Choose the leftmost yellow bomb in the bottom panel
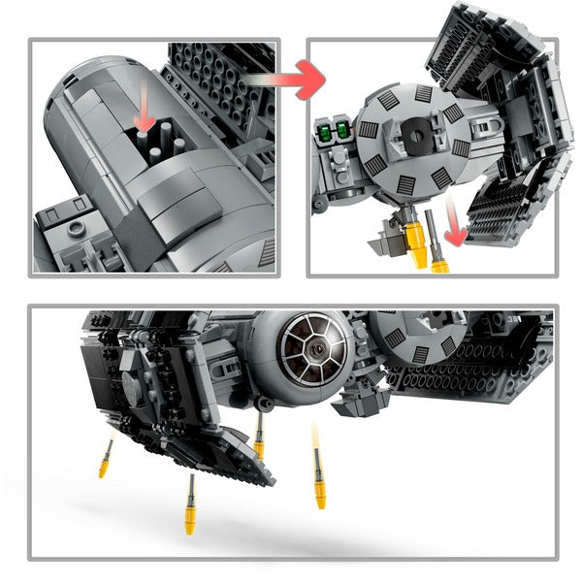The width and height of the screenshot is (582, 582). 104,457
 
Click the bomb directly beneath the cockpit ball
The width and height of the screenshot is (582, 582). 260,436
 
